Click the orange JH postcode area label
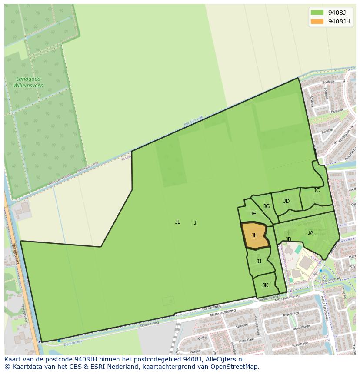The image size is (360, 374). (255, 235)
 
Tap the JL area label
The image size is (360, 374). (177, 222)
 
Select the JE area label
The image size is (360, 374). (253, 214)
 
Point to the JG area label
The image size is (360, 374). (267, 206)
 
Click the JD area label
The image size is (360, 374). (286, 201)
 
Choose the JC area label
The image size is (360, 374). (317, 190)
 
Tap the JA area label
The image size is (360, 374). (310, 233)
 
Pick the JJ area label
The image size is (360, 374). (259, 261)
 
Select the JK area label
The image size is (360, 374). (265, 285)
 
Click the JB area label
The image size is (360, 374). (288, 239)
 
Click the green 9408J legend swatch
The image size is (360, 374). (317, 12)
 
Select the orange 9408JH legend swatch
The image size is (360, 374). (317, 21)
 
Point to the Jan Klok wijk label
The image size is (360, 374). (193, 121)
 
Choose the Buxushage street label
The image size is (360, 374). (301, 327)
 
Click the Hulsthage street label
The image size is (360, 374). (300, 344)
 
